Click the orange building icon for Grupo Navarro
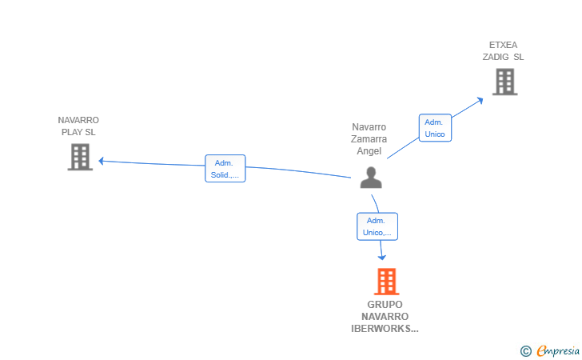click(386, 282)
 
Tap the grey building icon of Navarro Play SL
click(79, 157)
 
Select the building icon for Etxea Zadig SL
click(504, 82)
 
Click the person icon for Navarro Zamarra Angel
click(370, 177)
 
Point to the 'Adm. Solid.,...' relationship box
click(225, 169)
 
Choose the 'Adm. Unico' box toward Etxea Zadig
click(435, 128)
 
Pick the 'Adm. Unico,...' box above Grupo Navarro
click(377, 226)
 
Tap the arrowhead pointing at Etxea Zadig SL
click(479, 99)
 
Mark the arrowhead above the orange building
click(382, 257)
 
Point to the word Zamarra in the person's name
click(369, 139)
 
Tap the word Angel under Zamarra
click(369, 151)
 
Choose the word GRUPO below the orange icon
click(385, 304)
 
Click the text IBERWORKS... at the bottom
click(385, 328)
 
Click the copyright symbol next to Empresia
click(525, 350)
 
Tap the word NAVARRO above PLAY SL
click(78, 120)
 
